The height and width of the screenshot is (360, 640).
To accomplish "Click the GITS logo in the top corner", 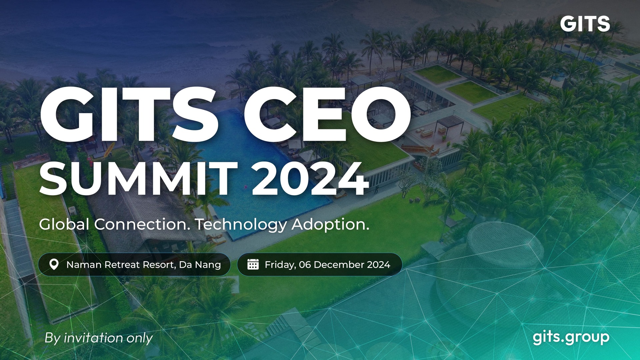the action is point(585,24).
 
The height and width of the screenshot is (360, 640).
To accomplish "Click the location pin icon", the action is point(54,265).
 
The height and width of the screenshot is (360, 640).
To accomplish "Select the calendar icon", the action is point(253,264).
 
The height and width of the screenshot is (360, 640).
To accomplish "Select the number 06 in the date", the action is point(305,265).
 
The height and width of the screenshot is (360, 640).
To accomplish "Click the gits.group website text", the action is point(571,338).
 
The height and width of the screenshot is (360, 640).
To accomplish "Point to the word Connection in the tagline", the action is point(142,224).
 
